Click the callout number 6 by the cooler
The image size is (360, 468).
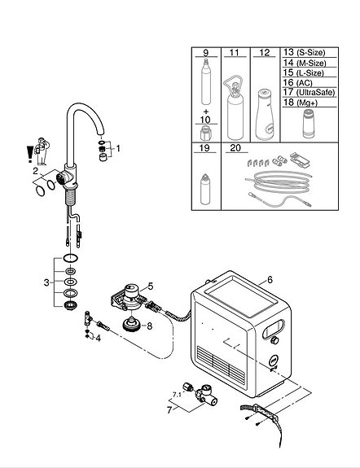point(270,280)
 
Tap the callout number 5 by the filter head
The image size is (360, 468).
point(151,286)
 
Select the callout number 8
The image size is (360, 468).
point(149,326)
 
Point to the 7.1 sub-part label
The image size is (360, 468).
point(177,395)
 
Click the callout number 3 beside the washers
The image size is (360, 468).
point(46,282)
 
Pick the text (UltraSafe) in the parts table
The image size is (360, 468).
point(315,93)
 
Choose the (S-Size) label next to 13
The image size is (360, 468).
point(310,53)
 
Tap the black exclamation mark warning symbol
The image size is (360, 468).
point(29,154)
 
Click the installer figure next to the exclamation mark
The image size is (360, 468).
point(42,151)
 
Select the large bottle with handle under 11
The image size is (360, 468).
point(235,107)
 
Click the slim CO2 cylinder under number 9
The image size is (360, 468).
point(205,81)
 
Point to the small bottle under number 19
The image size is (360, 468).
point(205,189)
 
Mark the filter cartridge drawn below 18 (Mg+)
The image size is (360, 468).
point(309,124)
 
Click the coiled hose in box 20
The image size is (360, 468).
point(279,182)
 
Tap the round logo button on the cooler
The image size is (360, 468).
point(274,361)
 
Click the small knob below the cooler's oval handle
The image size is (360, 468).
point(274,340)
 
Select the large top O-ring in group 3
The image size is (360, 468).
point(71,257)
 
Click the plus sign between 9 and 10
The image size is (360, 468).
point(206,112)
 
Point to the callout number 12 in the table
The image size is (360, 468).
point(265,53)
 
